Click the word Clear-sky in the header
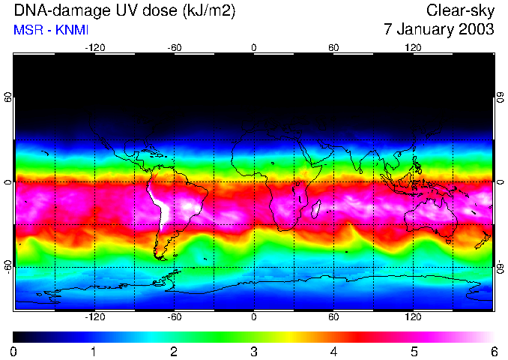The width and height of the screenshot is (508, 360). [x=460, y=10]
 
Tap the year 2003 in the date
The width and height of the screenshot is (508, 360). [x=477, y=30]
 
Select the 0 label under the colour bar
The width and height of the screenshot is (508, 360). [x=13, y=351]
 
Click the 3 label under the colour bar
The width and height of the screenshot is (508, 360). [x=253, y=351]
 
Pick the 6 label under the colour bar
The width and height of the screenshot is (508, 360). [x=492, y=351]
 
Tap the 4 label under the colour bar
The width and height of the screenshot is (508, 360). [x=333, y=351]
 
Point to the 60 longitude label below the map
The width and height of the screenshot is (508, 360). [x=333, y=316]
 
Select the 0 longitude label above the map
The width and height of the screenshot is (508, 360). [x=253, y=47]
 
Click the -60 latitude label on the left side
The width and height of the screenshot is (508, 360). [x=8, y=266]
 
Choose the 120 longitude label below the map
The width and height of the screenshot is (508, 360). [x=413, y=316]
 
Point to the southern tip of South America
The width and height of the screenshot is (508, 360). [x=160, y=256]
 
